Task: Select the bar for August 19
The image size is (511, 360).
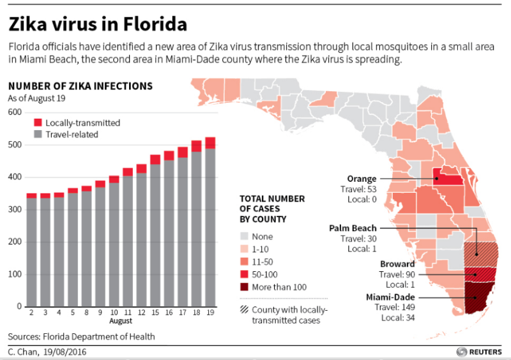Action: pyautogui.click(x=210, y=223)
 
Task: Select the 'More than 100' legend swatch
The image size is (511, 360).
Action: pyautogui.click(x=246, y=287)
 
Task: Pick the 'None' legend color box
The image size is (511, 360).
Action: pyautogui.click(x=246, y=236)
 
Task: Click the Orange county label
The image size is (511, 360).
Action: pyautogui.click(x=362, y=179)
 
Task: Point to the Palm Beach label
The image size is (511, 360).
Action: pyautogui.click(x=353, y=228)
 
